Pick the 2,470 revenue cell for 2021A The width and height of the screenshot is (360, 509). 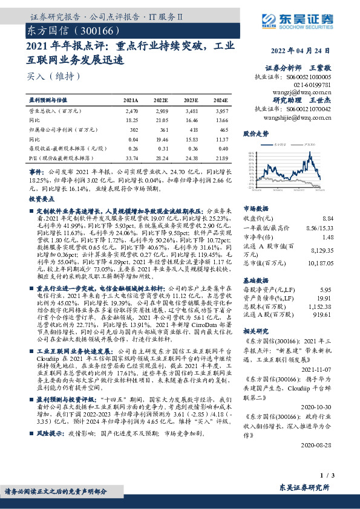point(132,112)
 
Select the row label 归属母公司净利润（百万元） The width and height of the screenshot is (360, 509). point(60,130)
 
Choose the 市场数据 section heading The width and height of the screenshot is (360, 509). point(255,207)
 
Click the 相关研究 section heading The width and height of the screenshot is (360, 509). point(255,332)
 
